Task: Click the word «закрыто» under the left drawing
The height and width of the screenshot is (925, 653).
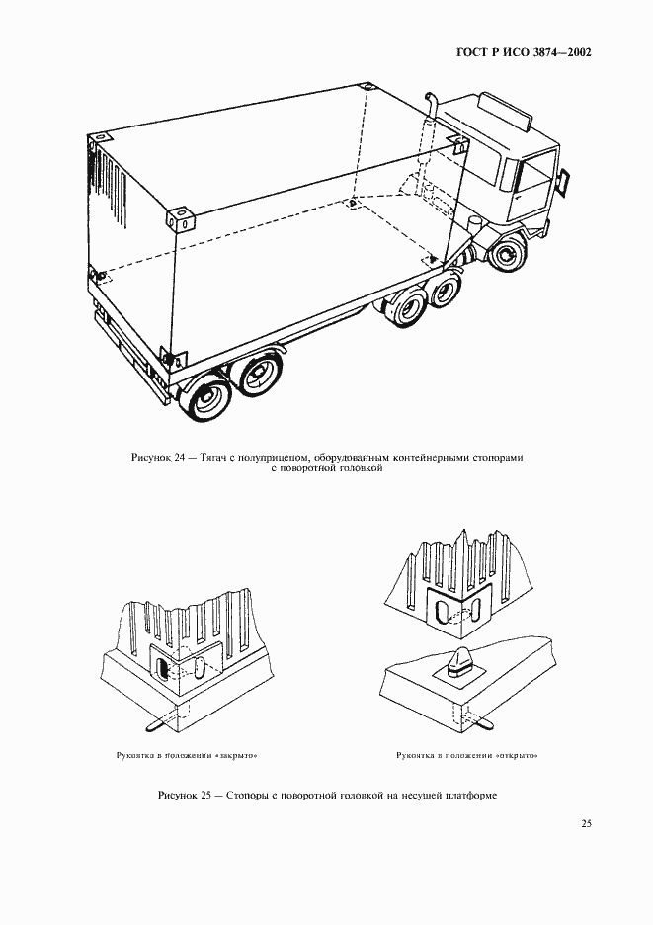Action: [x=238, y=756]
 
